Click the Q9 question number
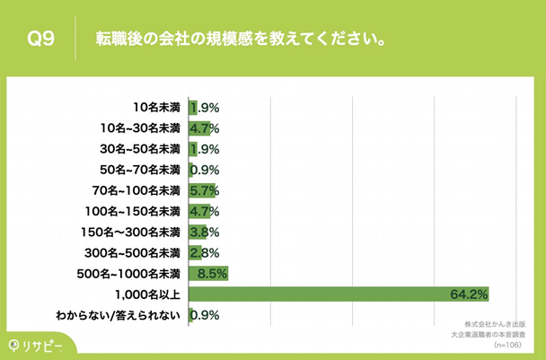pos(42,40)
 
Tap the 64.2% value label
pos(469,294)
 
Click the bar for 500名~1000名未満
pos(208,273)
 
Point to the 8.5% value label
pos(212,273)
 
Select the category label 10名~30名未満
pos(141,127)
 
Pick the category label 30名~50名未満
pos(141,148)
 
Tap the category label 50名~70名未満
pos(141,169)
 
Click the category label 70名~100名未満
pos(137,189)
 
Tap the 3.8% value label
pos(204,232)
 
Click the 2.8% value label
pos(204,252)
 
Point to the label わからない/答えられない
pos(119,314)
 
